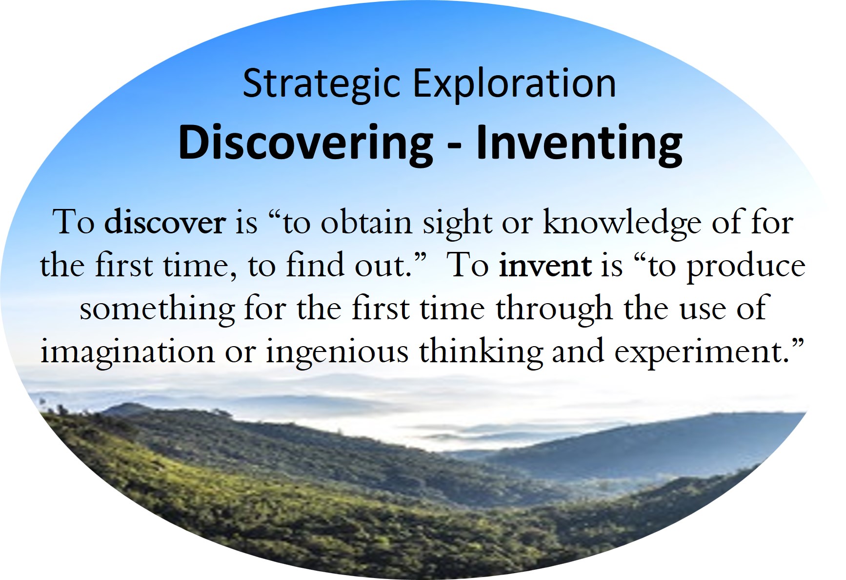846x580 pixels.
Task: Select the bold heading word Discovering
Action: pyautogui.click(x=305, y=144)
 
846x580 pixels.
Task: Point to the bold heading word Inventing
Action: pyautogui.click(x=579, y=144)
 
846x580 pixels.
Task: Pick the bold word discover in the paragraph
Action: pyautogui.click(x=165, y=223)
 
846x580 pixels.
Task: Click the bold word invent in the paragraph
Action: pyautogui.click(x=545, y=266)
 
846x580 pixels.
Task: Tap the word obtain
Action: pyautogui.click(x=366, y=223)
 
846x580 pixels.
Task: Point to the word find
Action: pyautogui.click(x=315, y=265)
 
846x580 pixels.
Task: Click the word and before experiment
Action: pyautogui.click(x=578, y=352)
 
